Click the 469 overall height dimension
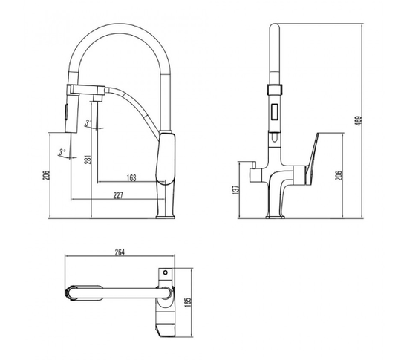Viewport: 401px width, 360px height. [x=359, y=121]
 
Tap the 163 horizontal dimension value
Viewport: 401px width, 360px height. [x=131, y=178]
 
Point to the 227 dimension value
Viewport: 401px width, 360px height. [x=118, y=196]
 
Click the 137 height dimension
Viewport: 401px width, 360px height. [x=236, y=190]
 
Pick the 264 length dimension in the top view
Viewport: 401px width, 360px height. [x=120, y=252]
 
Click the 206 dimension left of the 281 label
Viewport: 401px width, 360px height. [x=46, y=175]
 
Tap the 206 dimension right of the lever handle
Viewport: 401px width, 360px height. [x=339, y=175]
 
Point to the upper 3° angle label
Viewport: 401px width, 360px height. [x=88, y=123]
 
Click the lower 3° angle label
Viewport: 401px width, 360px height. [x=62, y=152]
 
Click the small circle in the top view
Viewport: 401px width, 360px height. [x=166, y=272]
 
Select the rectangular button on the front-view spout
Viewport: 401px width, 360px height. [x=275, y=111]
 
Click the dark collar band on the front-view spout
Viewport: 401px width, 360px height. [x=275, y=90]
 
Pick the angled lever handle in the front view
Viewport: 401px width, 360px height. [x=312, y=159]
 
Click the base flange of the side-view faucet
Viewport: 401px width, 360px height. [x=166, y=217]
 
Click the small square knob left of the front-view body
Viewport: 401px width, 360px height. [x=255, y=175]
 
